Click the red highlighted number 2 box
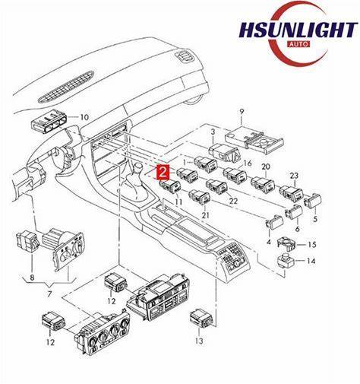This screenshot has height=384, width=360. coord(163,173)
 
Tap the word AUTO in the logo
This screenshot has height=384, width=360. coord(299,44)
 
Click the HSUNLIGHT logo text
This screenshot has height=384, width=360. coord(298,30)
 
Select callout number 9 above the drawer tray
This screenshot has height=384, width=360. coord(242,112)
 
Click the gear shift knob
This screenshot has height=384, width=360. coord(138,168)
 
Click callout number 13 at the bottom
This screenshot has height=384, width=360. coord(199,341)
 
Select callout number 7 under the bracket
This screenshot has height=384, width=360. coord(49,294)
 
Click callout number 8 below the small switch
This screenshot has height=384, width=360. coord(32,278)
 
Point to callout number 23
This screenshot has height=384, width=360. coord(294,176)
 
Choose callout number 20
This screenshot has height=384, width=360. coord(266,167)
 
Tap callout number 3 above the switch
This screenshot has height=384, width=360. coord(213,132)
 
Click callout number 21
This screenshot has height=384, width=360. coord(206,215)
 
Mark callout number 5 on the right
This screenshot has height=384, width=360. coord(315,218)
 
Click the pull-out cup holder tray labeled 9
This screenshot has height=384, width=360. coord(254,141)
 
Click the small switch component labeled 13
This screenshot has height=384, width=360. coord(201,317)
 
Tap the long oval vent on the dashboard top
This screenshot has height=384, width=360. coord(66,87)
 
